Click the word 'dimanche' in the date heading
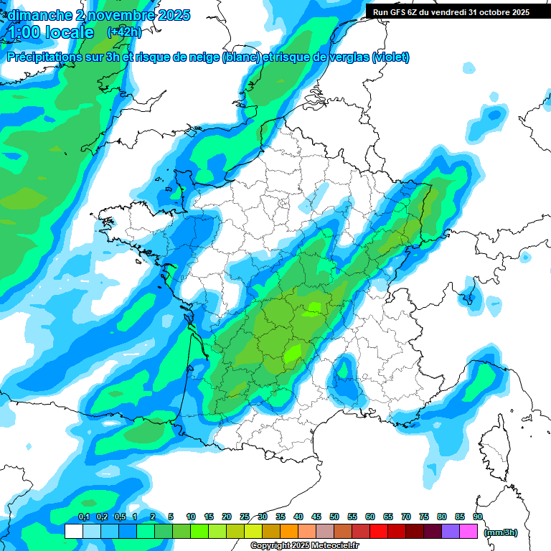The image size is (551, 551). coord(32,14)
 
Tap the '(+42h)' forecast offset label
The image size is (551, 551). coord(124,32)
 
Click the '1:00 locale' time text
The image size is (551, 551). coord(51,32)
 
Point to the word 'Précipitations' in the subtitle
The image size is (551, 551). coord(46,57)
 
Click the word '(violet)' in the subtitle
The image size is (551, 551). coord(391,57)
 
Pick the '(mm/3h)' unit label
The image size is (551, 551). coord(500,532)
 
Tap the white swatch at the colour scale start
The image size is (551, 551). coord(74,531)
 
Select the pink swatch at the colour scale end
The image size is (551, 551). coord(469,531)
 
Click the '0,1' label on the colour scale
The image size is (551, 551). coord(83,517)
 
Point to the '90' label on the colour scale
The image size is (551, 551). coord(478,517)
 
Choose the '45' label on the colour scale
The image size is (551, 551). coord(316,517)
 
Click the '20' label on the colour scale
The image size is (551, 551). coord(227,517)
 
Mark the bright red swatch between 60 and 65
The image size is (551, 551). coord(379,531)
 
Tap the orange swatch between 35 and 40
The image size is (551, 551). coord(289,531)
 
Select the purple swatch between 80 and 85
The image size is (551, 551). coord(451,531)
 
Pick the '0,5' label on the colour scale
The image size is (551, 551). coord(119,517)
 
